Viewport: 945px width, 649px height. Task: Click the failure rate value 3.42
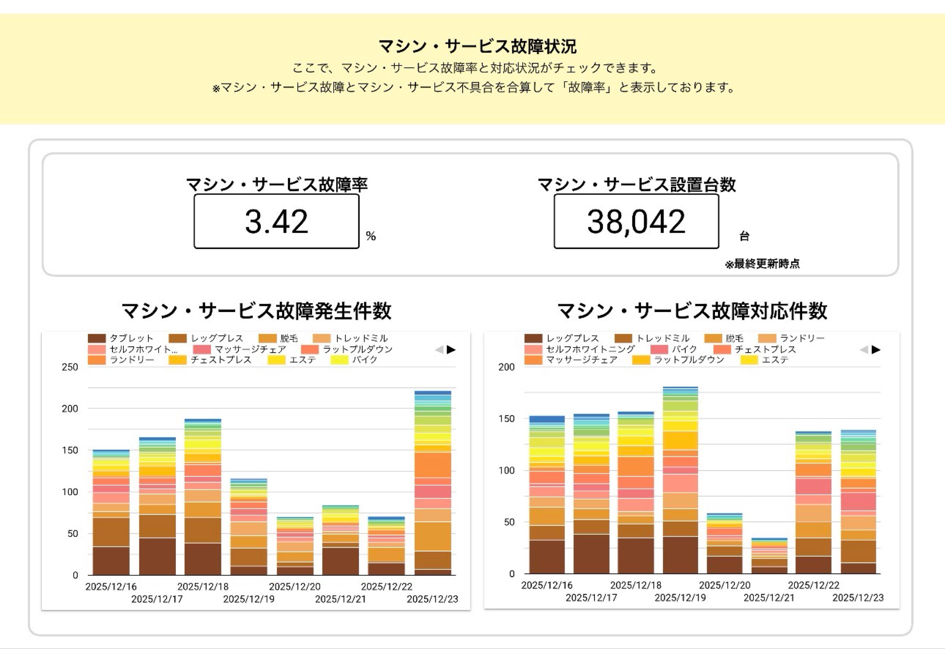(276, 221)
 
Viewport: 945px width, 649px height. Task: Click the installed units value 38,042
(636, 221)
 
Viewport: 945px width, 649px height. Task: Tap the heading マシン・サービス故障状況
(477, 46)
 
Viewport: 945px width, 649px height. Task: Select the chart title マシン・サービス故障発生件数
(256, 311)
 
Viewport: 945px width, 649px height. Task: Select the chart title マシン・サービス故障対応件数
(692, 311)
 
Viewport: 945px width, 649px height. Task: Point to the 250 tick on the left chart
(70, 367)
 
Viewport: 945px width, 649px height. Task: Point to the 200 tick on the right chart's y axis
(506, 367)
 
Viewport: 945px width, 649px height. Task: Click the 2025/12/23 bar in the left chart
(433, 484)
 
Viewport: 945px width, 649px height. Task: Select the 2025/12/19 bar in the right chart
(680, 480)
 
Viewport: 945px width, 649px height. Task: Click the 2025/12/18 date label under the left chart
(203, 586)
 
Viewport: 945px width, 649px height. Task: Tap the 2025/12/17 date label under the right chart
(591, 598)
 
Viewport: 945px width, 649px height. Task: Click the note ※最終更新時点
(762, 264)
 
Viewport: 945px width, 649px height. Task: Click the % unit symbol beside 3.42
(370, 236)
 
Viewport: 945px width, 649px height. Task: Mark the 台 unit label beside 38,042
(744, 236)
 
